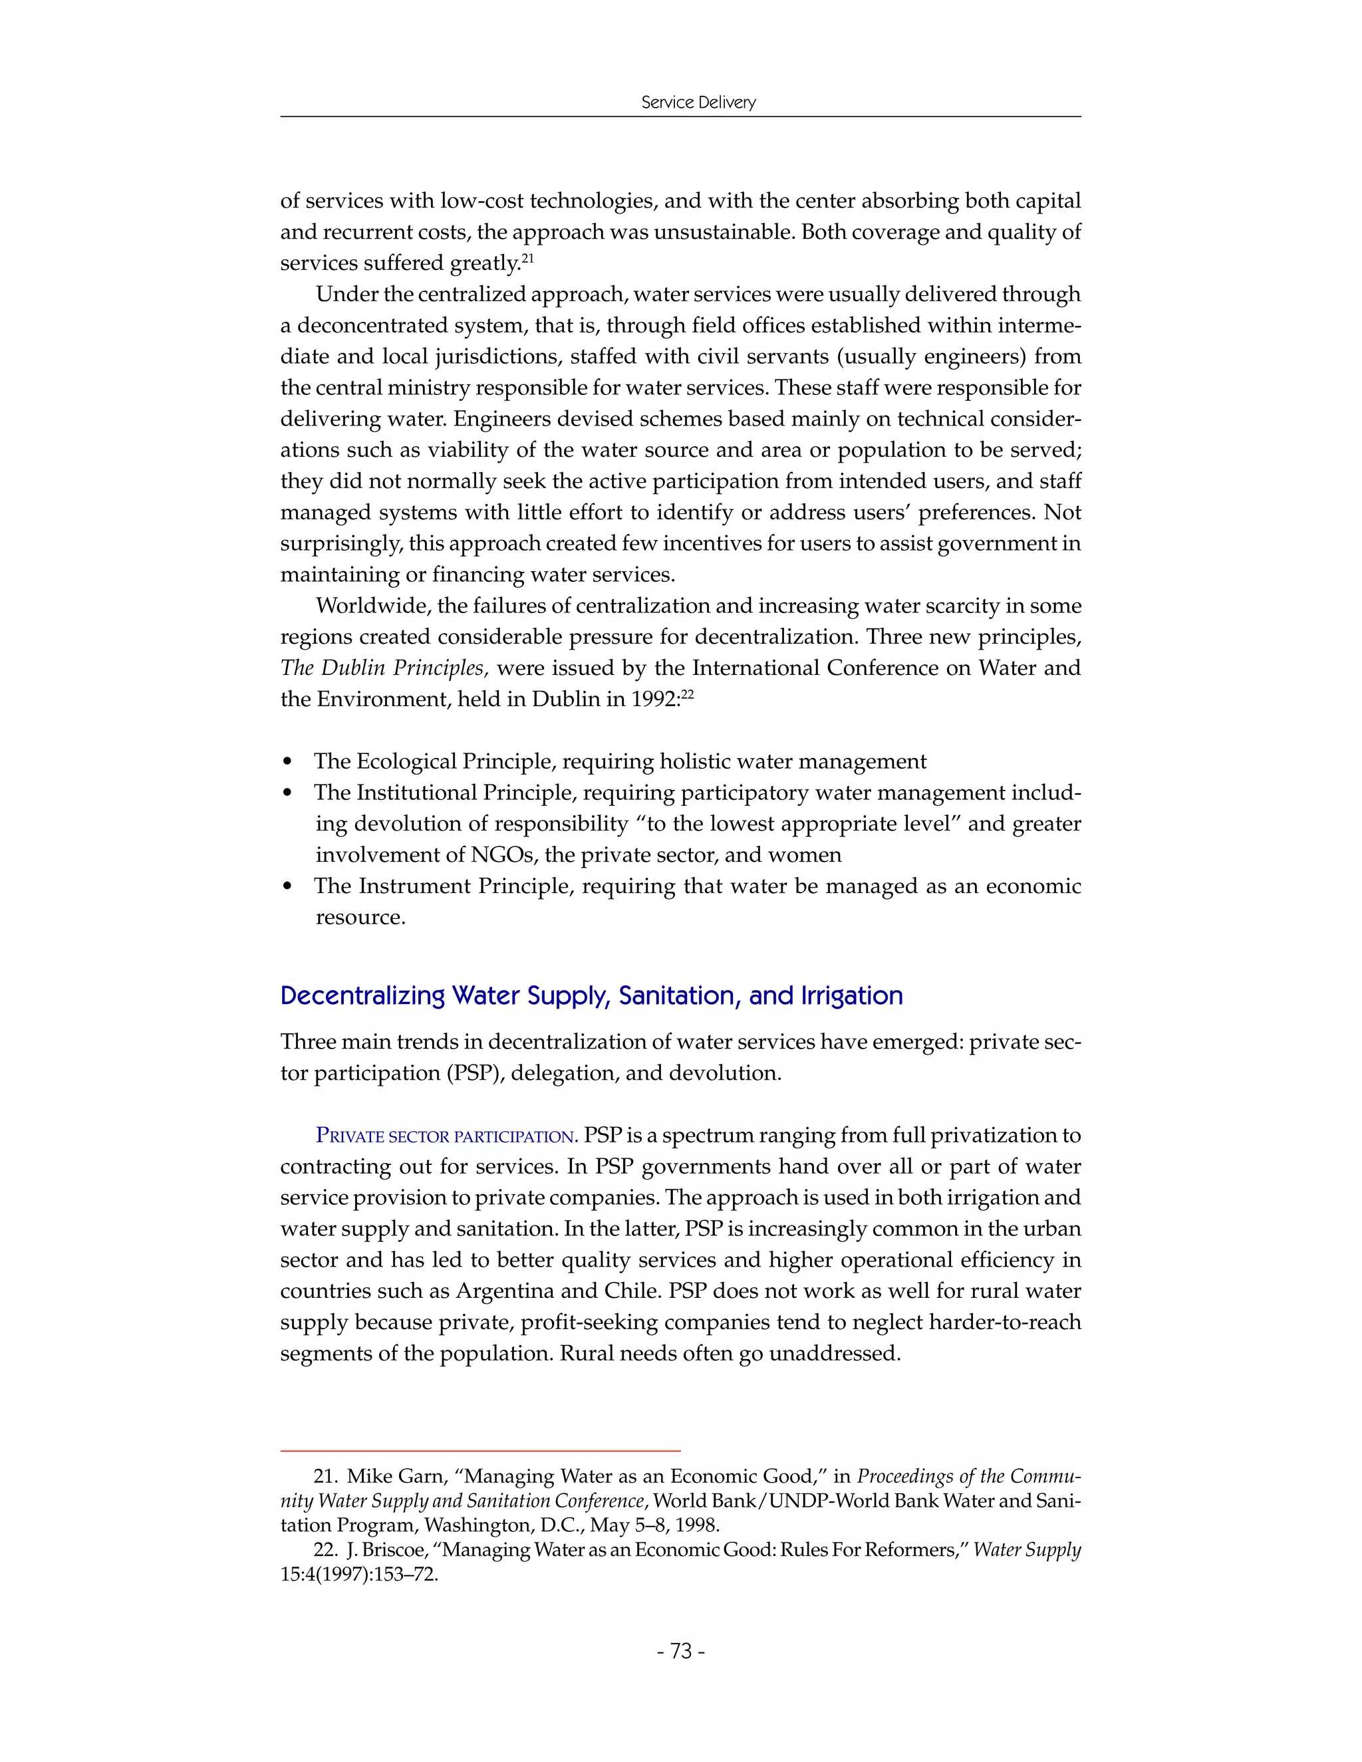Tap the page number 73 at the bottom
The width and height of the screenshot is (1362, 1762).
click(681, 1652)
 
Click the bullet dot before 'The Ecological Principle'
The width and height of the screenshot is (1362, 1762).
click(288, 763)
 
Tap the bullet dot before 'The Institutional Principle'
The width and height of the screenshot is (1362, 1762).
click(288, 794)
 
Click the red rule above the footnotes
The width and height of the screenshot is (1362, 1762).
click(480, 1451)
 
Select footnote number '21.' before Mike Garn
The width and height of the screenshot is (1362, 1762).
click(325, 1476)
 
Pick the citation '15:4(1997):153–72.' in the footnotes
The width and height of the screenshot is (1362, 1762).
click(359, 1574)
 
